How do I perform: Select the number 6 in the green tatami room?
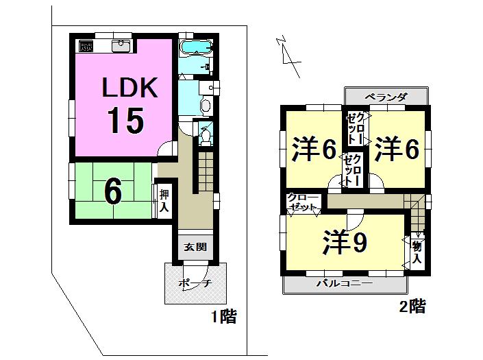[x=113, y=193]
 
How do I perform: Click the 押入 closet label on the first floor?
[x=164, y=200]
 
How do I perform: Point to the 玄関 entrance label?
[x=195, y=248]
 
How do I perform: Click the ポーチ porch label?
[x=194, y=283]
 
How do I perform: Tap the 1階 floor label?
[x=223, y=316]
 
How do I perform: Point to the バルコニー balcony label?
[x=344, y=283]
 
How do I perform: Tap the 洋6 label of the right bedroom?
[x=396, y=150]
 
